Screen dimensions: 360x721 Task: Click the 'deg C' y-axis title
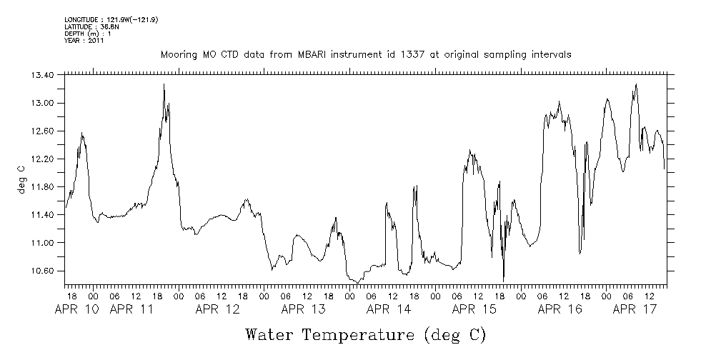[x=21, y=179]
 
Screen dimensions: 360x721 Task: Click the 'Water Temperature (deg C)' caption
[x=365, y=334]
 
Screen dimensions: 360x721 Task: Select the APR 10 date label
[x=76, y=309]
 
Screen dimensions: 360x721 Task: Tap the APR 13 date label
[x=304, y=309]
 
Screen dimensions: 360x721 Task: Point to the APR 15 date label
[x=475, y=309]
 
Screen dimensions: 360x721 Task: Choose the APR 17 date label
[x=635, y=309]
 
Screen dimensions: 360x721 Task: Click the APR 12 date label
[x=218, y=309]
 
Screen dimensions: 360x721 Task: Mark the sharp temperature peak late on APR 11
[x=164, y=84]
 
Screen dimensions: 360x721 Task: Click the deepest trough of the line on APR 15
[x=504, y=280]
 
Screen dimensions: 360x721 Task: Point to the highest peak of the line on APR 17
[x=636, y=84]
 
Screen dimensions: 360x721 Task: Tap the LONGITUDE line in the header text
[x=111, y=19]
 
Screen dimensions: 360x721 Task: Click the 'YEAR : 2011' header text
[x=85, y=41]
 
